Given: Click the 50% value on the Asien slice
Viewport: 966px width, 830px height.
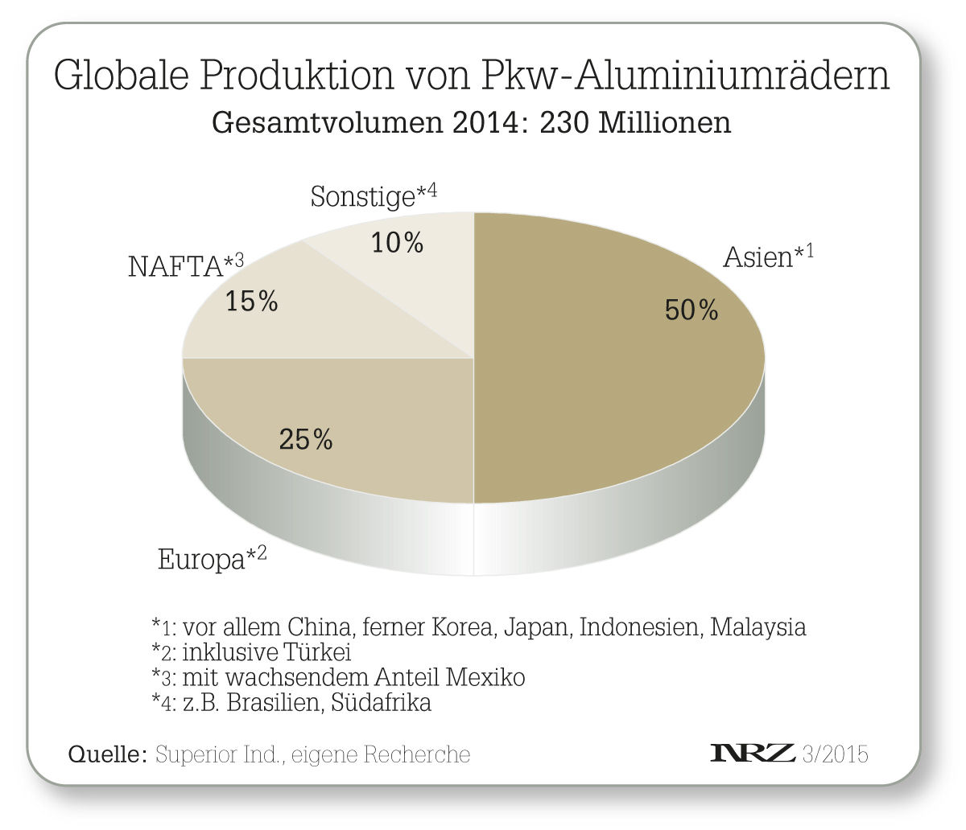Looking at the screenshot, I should (691, 310).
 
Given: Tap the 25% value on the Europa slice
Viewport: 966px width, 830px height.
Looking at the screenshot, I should (306, 439).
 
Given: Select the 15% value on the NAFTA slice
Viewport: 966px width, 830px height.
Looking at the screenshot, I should (252, 302).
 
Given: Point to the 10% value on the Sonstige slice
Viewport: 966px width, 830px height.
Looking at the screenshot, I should (397, 242).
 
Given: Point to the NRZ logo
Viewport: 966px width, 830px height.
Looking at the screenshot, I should (753, 754).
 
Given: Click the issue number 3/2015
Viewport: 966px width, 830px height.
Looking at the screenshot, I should (836, 754).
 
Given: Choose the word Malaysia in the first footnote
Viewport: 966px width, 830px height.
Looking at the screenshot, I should (758, 627).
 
